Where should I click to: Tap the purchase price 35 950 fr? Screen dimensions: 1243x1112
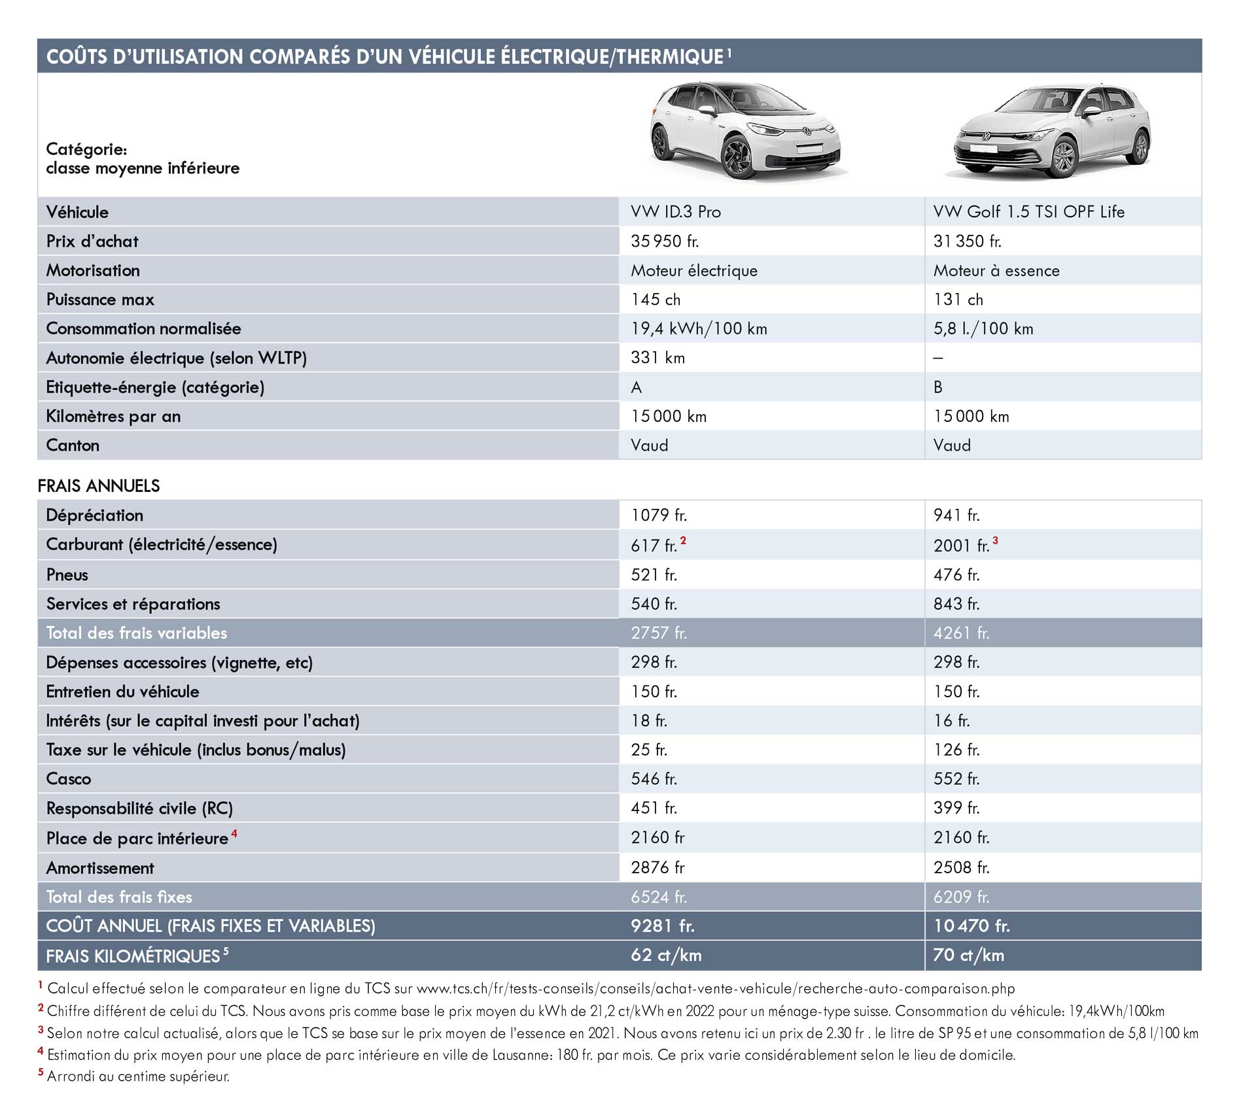(665, 241)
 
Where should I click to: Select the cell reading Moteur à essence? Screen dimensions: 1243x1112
(996, 271)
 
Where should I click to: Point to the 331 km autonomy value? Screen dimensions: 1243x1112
(657, 358)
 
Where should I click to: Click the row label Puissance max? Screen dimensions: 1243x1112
(100, 300)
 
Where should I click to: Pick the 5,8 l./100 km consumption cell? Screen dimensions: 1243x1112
(983, 329)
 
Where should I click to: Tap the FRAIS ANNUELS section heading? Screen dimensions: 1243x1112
(99, 486)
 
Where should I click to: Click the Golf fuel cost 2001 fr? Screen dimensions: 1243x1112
(961, 546)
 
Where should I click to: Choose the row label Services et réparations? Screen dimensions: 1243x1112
(133, 604)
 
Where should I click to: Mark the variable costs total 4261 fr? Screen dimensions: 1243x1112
(961, 633)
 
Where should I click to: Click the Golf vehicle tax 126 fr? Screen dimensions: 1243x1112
(956, 750)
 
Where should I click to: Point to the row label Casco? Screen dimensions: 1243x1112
(69, 779)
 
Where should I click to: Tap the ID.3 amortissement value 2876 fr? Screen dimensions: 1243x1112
(657, 867)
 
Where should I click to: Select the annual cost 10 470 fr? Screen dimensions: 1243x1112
(972, 926)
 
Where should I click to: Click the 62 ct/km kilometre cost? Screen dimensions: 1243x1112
(666, 955)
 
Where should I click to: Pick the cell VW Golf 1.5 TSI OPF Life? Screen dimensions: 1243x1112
(1029, 212)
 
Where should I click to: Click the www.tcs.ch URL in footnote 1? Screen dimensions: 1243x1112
(716, 988)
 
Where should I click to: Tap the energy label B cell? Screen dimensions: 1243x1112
(938, 387)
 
